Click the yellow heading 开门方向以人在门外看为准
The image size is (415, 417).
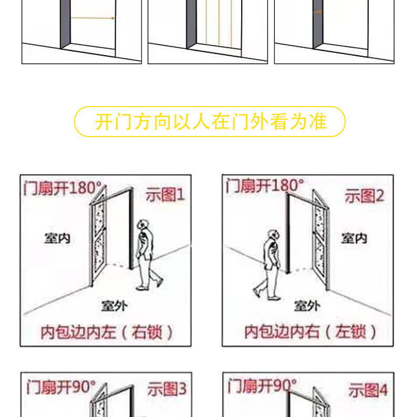click(211, 122)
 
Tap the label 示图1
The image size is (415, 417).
click(165, 195)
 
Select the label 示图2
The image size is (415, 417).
click(365, 196)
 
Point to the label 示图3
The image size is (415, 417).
click(167, 389)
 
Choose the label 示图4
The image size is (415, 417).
click(368, 390)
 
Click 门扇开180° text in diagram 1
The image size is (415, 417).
click(63, 188)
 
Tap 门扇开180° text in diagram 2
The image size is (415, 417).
click(265, 185)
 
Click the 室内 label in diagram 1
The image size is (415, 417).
click(57, 238)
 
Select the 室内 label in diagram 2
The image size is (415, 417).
click(354, 238)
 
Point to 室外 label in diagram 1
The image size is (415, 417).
click(115, 306)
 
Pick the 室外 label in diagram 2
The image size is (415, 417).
click(307, 306)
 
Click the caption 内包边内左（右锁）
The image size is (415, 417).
click(107, 332)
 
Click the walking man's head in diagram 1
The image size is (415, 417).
click(143, 225)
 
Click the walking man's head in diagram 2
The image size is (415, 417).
click(274, 235)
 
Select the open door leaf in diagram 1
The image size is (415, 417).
click(98, 236)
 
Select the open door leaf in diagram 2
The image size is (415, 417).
click(321, 239)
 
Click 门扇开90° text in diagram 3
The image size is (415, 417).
click(61, 387)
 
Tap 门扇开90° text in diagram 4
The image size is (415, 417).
click(262, 385)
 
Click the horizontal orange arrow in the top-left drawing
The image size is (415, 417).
click(93, 18)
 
